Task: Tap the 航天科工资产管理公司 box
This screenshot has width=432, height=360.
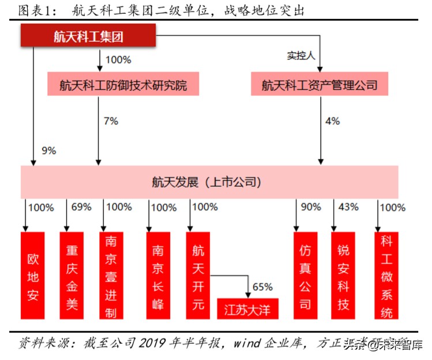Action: (319, 85)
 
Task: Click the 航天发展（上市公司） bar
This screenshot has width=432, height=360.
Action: (209, 182)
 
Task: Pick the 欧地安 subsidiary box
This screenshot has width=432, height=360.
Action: (33, 275)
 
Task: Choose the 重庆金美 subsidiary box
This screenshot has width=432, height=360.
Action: (73, 275)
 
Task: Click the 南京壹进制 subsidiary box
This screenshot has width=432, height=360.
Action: (111, 275)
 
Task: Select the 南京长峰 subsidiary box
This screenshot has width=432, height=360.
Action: (158, 275)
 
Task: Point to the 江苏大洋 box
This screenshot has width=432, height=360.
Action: (247, 309)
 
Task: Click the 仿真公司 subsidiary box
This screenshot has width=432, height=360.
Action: (305, 275)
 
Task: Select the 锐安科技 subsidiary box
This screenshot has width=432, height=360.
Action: (343, 275)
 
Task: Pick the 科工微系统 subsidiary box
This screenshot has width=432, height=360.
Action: (386, 275)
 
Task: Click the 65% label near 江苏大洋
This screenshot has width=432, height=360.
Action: (262, 287)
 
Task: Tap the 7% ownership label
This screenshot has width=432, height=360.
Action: (110, 121)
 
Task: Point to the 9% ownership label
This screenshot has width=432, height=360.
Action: (49, 151)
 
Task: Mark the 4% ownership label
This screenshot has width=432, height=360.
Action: (332, 121)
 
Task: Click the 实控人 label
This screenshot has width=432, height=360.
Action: (300, 56)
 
